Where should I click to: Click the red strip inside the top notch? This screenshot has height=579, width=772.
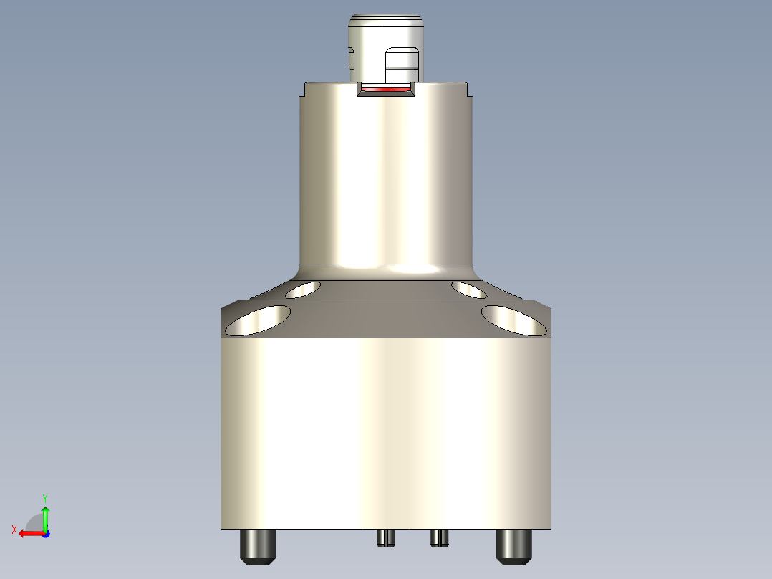(385, 90)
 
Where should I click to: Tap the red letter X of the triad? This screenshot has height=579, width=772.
(14, 530)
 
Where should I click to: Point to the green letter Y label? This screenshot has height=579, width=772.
(44, 497)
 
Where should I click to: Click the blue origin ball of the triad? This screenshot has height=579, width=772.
(45, 533)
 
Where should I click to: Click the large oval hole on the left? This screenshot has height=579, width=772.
(258, 320)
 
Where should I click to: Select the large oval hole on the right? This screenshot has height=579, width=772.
(513, 320)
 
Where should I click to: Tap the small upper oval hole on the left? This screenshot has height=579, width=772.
(303, 289)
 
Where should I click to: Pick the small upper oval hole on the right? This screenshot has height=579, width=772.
(469, 289)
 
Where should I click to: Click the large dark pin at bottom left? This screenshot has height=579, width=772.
(258, 546)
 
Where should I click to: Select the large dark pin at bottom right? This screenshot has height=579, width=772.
(514, 546)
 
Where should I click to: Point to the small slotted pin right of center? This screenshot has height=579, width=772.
(439, 537)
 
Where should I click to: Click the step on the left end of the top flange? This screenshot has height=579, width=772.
(302, 90)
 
